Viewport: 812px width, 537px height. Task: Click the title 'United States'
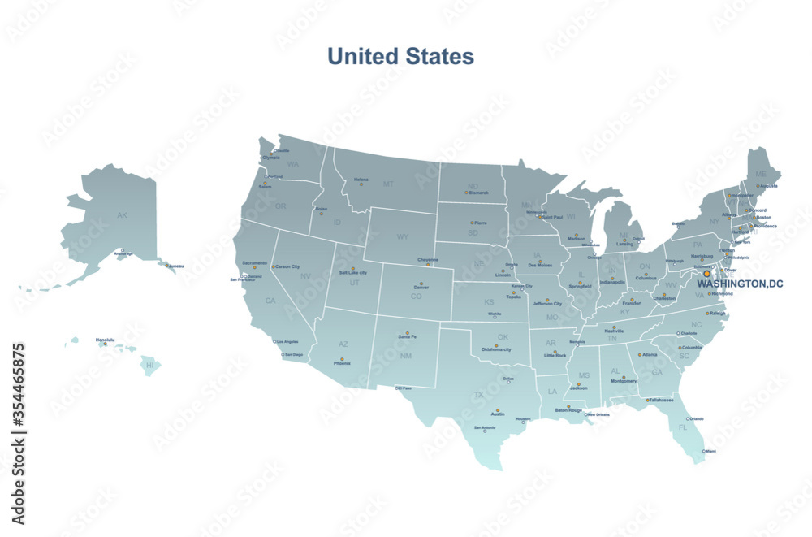pos(400,56)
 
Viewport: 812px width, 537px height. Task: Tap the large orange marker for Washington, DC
pos(706,274)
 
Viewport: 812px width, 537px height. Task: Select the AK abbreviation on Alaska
pos(122,215)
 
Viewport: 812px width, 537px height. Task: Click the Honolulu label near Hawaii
pos(105,340)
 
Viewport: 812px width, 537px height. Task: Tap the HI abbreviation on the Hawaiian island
pos(149,366)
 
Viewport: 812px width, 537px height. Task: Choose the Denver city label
pos(421,288)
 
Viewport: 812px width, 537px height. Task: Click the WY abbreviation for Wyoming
pos(403,237)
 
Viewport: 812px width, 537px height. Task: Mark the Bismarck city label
pos(479,193)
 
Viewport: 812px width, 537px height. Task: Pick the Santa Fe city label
pos(408,336)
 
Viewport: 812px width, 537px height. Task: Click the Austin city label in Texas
pos(498,414)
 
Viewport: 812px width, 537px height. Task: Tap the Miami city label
pos(711,451)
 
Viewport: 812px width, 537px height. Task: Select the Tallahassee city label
pos(663,400)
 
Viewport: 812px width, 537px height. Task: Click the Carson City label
pos(287,266)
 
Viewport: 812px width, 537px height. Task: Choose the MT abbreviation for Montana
pos(388,184)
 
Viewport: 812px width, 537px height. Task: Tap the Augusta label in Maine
pos(767,186)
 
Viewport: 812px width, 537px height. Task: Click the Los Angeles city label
pos(288,342)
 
